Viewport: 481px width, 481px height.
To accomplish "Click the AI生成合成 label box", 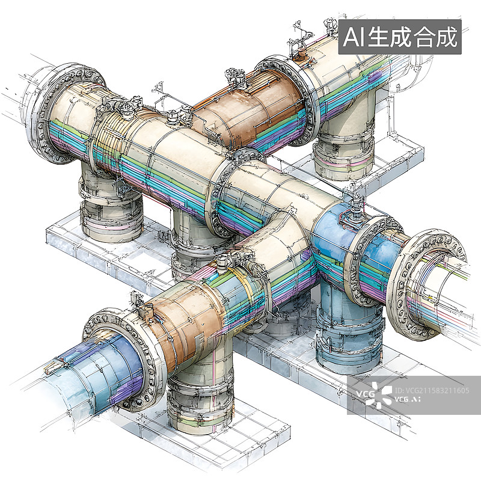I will (x=400, y=37).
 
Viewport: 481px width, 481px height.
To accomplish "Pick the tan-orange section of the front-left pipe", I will (x=180, y=325).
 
